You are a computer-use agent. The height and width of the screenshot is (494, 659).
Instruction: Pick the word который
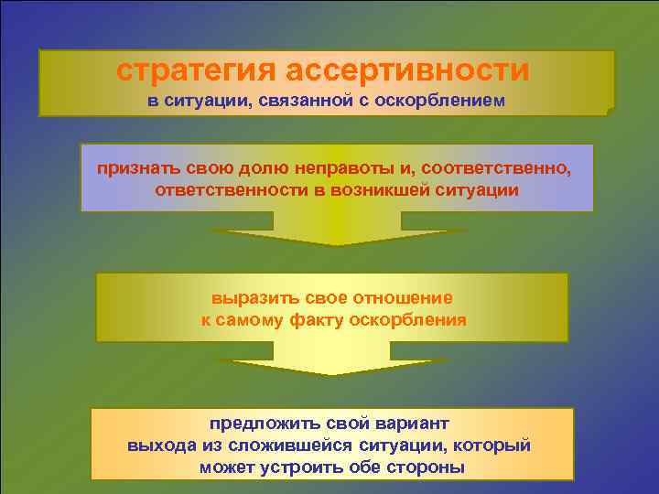(x=492, y=446)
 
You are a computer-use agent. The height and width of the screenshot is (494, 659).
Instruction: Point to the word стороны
(x=425, y=467)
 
